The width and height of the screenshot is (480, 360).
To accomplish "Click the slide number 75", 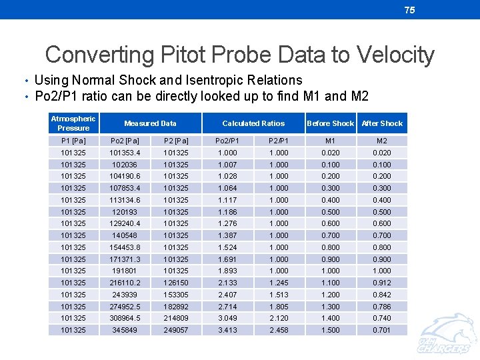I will (x=409, y=9).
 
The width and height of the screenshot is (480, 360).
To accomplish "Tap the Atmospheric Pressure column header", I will (x=73, y=123).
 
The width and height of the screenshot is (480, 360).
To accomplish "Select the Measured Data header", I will (x=150, y=123).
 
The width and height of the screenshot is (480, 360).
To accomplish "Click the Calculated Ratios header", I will (x=253, y=123).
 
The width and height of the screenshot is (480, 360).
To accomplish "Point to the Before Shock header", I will (x=330, y=123).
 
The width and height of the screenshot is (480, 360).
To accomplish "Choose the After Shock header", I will (x=382, y=123).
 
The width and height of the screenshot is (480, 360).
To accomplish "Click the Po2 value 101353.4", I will (x=125, y=153).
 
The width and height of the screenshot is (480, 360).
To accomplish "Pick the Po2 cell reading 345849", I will (x=125, y=330).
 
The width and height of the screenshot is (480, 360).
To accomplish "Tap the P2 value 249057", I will (x=176, y=330).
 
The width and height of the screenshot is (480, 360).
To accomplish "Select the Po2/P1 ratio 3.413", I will (x=227, y=330).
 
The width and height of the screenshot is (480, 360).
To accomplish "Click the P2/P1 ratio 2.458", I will (x=279, y=330).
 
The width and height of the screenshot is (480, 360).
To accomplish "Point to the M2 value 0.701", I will (x=382, y=330).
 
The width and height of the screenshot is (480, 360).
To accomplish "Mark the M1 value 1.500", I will (x=330, y=330).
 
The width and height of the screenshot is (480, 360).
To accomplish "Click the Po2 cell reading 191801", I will (x=125, y=271).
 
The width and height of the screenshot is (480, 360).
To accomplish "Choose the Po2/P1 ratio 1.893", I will (x=227, y=271).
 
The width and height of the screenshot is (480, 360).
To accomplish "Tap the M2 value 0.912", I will (x=382, y=283).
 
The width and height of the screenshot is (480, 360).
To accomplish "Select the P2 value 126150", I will (x=176, y=283).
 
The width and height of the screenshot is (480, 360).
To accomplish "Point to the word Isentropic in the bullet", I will (x=210, y=80).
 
